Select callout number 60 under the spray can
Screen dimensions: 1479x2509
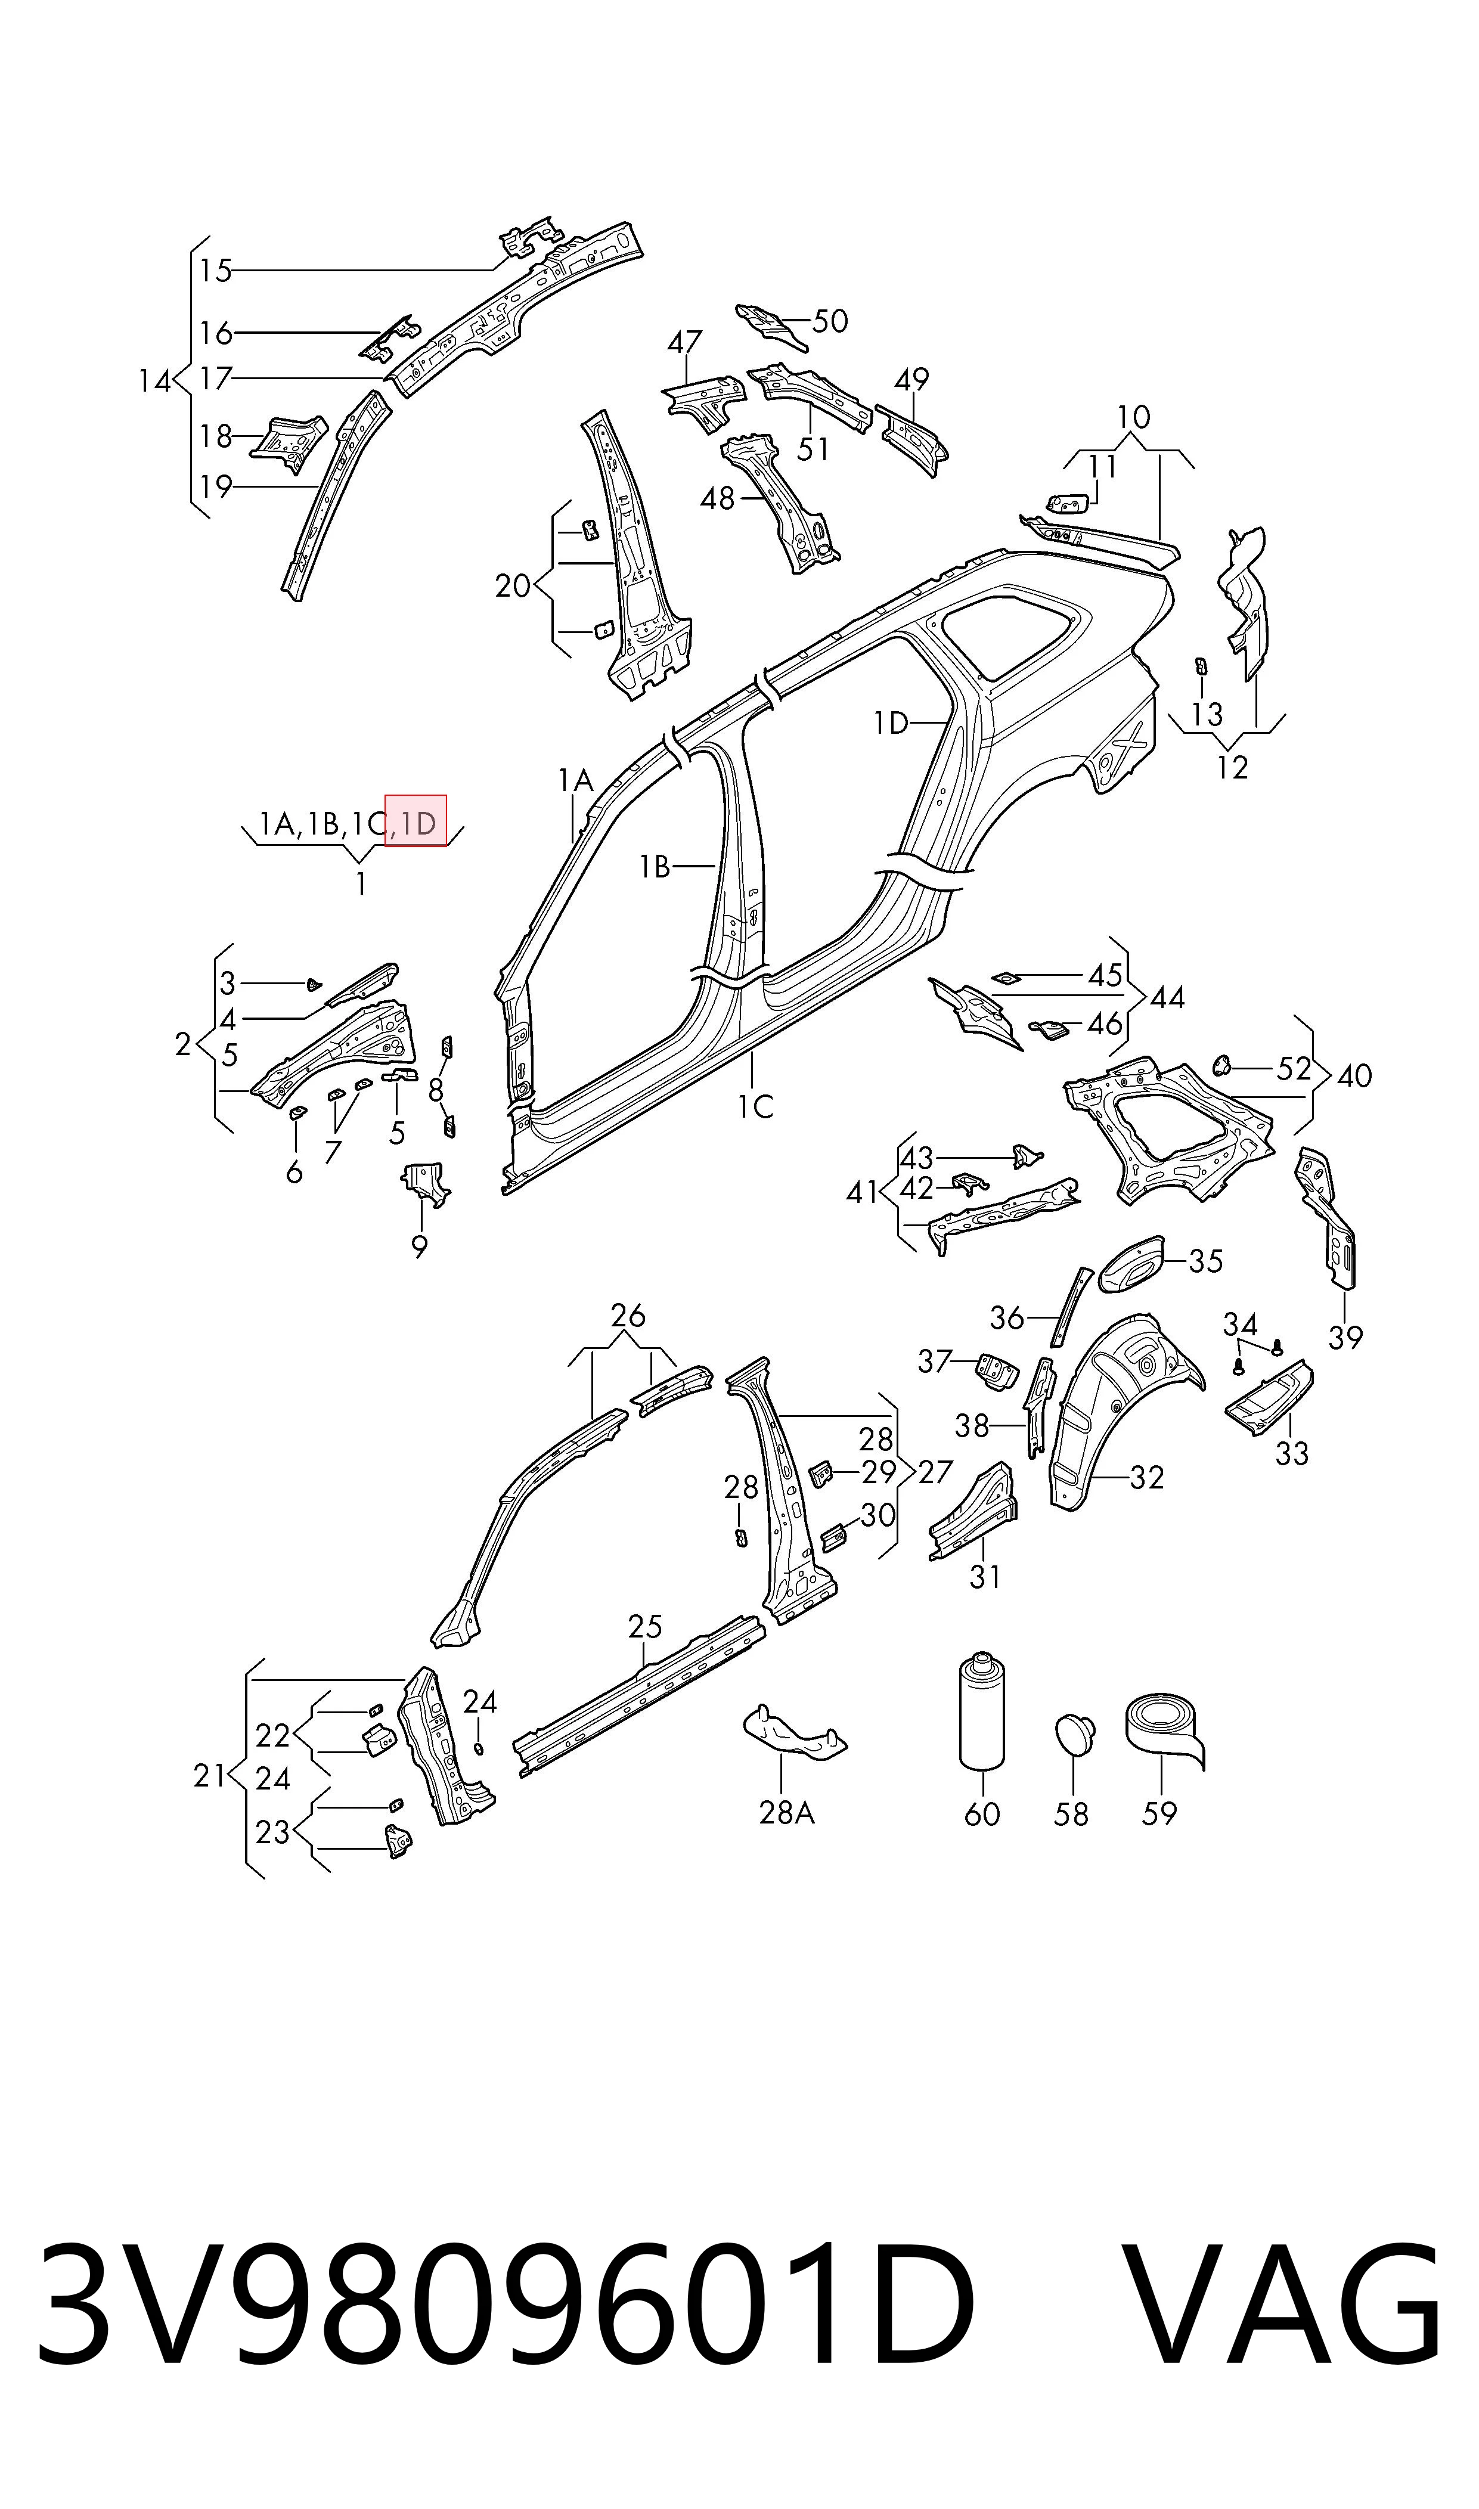pos(982,1813)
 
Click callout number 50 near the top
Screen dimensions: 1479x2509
pos(830,321)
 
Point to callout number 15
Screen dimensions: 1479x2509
pos(215,270)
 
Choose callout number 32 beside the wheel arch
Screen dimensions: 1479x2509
pos(1146,1477)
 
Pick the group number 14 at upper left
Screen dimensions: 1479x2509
pos(154,381)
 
